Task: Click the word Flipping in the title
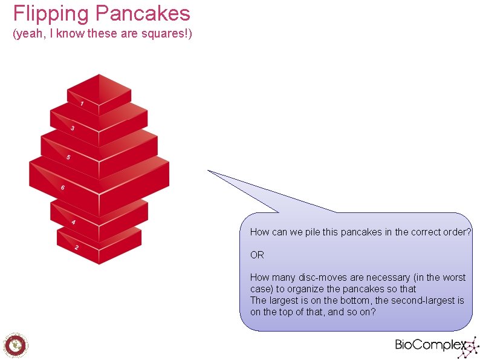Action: click(42, 13)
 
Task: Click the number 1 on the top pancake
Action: click(82, 103)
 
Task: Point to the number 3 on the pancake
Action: click(73, 128)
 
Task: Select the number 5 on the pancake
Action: click(68, 157)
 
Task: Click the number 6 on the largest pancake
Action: click(62, 188)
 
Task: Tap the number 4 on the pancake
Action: click(73, 222)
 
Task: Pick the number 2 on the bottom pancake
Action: click(76, 247)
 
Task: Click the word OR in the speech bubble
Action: click(257, 255)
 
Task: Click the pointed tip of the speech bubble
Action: click(209, 171)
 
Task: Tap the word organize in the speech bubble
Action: click(308, 289)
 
